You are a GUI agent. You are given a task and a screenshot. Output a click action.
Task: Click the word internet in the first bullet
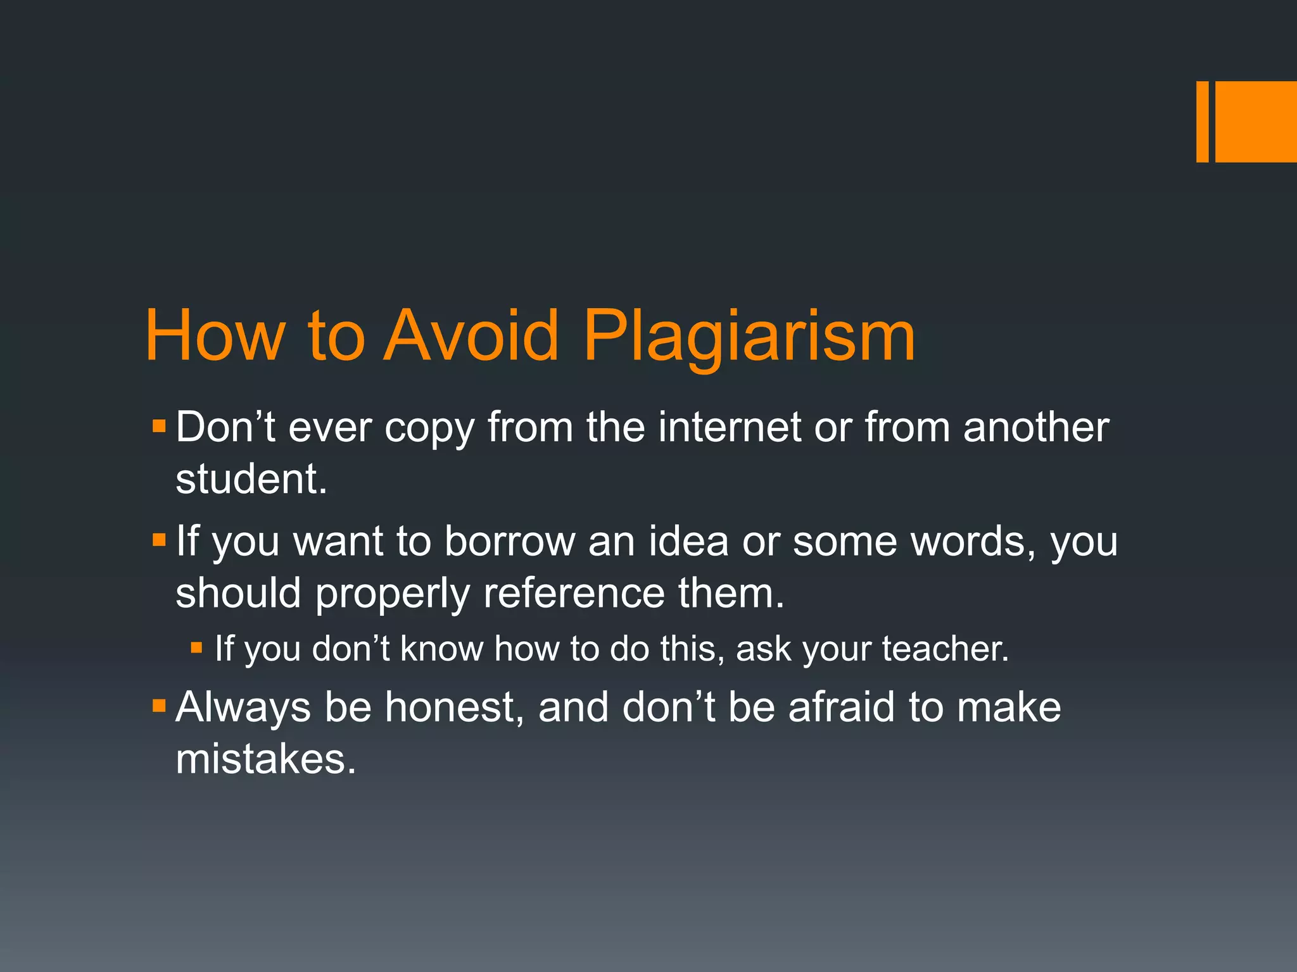(730, 427)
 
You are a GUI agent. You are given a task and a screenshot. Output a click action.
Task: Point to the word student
(251, 479)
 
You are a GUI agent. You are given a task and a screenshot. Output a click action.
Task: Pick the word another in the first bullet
(1036, 427)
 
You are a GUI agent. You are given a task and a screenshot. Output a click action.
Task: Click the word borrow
(509, 542)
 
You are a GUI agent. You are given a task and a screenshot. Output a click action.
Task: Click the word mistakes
(266, 759)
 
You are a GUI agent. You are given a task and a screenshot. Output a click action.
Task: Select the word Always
(243, 708)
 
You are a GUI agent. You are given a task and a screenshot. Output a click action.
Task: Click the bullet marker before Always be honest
(158, 704)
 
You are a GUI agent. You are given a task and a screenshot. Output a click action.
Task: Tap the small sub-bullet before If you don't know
(196, 647)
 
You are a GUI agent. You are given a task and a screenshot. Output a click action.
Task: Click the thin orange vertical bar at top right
(1202, 121)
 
